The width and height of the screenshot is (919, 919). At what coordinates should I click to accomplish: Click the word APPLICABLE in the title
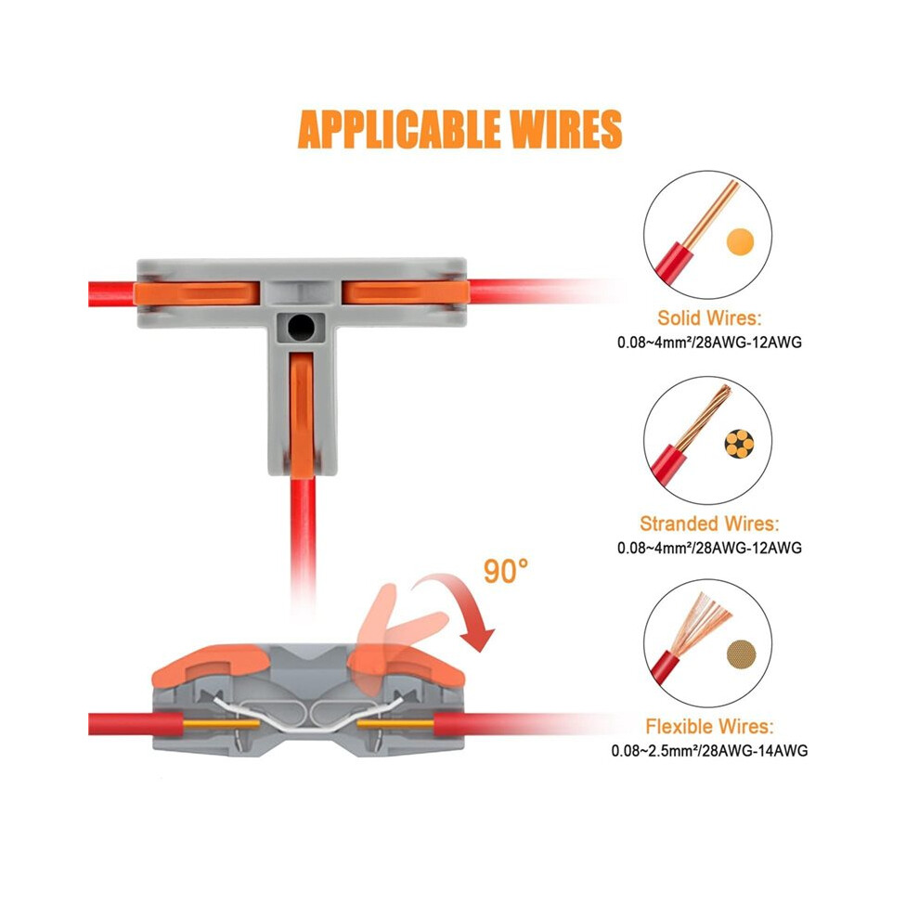click(x=398, y=129)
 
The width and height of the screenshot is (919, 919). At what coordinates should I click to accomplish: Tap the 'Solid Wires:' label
click(x=709, y=317)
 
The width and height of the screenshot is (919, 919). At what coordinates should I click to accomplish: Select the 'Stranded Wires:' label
click(x=709, y=524)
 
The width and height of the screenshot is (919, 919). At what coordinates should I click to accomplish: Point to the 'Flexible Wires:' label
click(x=709, y=726)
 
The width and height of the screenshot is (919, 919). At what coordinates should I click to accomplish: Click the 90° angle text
click(x=505, y=571)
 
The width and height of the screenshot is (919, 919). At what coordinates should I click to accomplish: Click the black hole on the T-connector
click(x=302, y=327)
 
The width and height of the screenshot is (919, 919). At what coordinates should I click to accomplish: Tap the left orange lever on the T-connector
click(x=197, y=292)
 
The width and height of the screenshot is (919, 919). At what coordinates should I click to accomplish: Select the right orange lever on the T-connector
click(x=406, y=291)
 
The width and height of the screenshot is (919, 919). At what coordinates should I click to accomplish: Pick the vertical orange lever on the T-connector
click(x=302, y=411)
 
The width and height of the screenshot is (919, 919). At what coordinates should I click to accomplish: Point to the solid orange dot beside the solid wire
click(x=740, y=241)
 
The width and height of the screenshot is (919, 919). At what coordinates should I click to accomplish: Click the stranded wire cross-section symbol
click(x=739, y=444)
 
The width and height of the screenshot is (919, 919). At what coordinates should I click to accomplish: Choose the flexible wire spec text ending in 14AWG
click(x=709, y=750)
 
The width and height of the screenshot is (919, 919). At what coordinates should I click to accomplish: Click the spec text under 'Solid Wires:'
click(x=709, y=342)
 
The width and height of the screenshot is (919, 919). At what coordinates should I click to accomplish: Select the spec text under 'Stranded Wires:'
click(x=709, y=548)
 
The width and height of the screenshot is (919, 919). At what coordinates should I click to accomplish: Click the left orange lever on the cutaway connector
click(x=209, y=664)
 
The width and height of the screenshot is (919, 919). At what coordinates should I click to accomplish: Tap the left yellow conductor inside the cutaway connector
click(x=222, y=724)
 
